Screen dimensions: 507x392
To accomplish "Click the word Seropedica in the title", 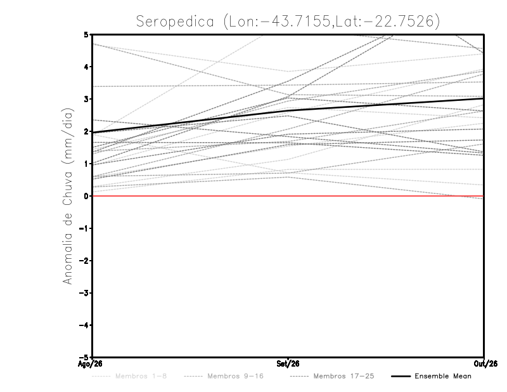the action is pyautogui.click(x=175, y=22).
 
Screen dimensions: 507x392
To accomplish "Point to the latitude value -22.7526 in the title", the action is pyautogui.click(x=397, y=22).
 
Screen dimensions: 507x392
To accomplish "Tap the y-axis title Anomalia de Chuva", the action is pyautogui.click(x=68, y=196).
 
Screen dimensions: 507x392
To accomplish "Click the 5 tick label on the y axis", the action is pyautogui.click(x=86, y=34).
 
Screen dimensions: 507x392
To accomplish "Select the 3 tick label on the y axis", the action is pyautogui.click(x=86, y=99).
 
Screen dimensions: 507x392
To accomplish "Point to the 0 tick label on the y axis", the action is pyautogui.click(x=86, y=196).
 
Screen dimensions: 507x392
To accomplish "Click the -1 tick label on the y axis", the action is pyautogui.click(x=84, y=228).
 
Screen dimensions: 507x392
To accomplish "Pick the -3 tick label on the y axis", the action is pyautogui.click(x=84, y=293).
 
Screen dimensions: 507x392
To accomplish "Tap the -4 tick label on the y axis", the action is pyautogui.click(x=84, y=325).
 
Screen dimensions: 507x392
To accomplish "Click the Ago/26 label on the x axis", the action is pyautogui.click(x=90, y=364).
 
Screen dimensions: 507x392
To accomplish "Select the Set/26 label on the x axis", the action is pyautogui.click(x=288, y=364).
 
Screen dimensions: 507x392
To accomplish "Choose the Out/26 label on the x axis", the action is pyautogui.click(x=485, y=364).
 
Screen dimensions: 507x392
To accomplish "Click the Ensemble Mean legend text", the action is pyautogui.click(x=443, y=376).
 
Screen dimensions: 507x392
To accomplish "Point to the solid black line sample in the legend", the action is pyautogui.click(x=401, y=377).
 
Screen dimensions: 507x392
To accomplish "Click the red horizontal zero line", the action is pyautogui.click(x=288, y=196).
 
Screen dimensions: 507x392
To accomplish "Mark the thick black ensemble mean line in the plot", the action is pyautogui.click(x=288, y=111).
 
